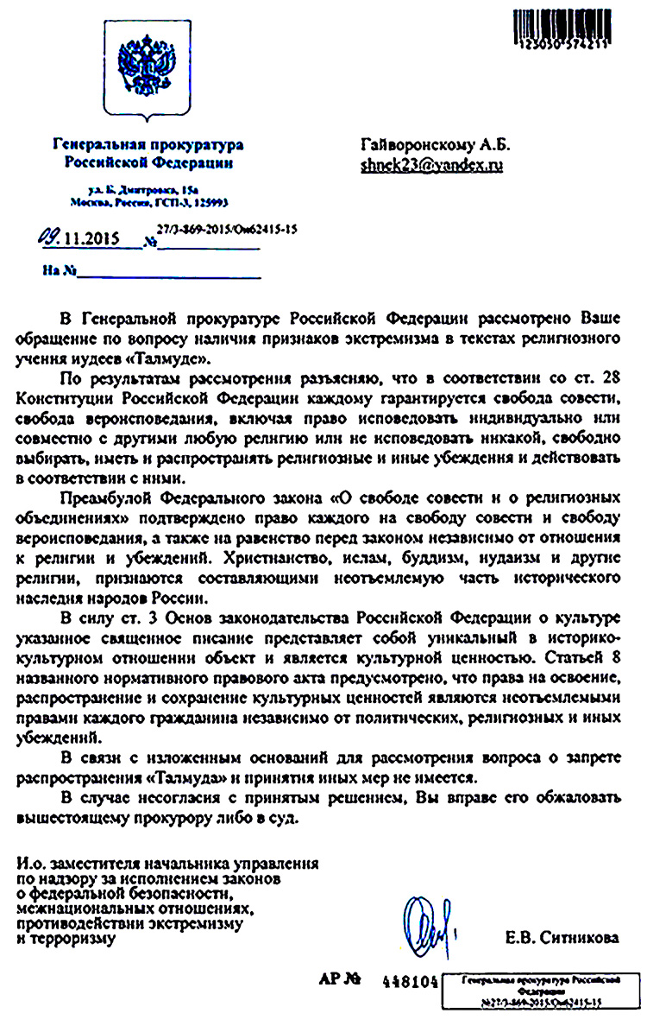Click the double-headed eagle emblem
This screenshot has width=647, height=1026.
(x=144, y=73)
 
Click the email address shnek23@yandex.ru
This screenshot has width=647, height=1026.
(x=431, y=165)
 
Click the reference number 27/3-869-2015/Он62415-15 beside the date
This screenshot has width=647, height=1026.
(x=227, y=230)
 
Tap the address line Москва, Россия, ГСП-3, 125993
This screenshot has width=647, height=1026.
(x=148, y=201)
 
